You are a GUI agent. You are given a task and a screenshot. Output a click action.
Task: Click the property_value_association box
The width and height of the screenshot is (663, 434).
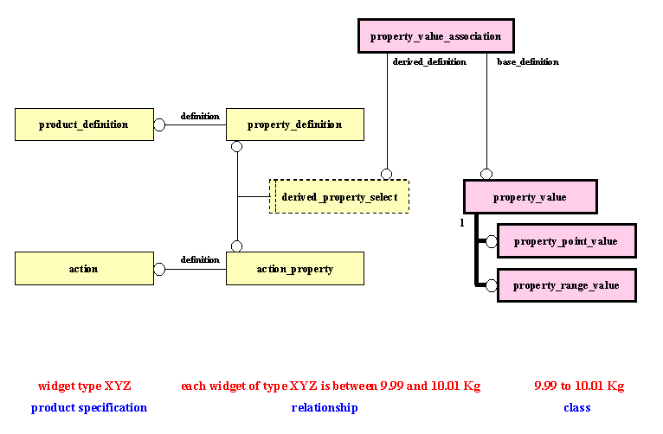[435, 36]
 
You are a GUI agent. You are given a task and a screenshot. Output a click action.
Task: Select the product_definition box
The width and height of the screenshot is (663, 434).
[84, 124]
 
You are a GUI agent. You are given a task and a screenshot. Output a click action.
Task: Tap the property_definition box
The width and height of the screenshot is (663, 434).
[294, 124]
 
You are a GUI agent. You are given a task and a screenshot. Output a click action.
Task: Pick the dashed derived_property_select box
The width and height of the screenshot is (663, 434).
[339, 197]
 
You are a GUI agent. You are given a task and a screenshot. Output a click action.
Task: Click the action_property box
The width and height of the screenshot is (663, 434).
[294, 269]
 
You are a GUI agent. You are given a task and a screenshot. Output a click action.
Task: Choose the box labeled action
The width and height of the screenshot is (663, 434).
[84, 269]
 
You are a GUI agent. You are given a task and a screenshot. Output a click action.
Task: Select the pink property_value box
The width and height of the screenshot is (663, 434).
[530, 197]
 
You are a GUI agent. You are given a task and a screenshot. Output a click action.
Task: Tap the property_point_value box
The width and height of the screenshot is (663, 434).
[566, 241]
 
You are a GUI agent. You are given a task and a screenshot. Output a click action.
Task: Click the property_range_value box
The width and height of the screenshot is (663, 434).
[566, 285]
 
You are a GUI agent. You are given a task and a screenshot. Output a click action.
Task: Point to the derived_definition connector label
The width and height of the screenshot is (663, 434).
[429, 62]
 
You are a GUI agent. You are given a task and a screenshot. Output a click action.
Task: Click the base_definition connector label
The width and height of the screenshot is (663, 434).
[527, 62]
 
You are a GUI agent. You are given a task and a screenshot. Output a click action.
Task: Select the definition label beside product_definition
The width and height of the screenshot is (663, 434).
[200, 116]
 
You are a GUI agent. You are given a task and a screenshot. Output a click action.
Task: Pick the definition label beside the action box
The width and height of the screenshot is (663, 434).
[200, 259]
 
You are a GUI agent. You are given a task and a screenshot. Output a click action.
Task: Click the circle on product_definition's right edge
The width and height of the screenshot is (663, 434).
[159, 124]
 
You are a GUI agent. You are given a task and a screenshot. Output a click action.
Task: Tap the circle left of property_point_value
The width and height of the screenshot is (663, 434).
[491, 241]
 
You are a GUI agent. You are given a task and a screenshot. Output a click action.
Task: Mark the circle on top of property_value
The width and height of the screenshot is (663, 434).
[486, 174]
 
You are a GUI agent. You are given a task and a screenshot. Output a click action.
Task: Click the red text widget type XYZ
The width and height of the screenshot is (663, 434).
[85, 386]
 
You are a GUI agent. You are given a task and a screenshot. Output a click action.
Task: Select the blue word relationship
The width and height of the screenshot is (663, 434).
[325, 407]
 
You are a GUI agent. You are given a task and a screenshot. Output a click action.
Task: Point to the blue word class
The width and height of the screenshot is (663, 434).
[577, 407]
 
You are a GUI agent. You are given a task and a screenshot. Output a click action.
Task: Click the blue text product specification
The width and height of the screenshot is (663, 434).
[89, 407]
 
